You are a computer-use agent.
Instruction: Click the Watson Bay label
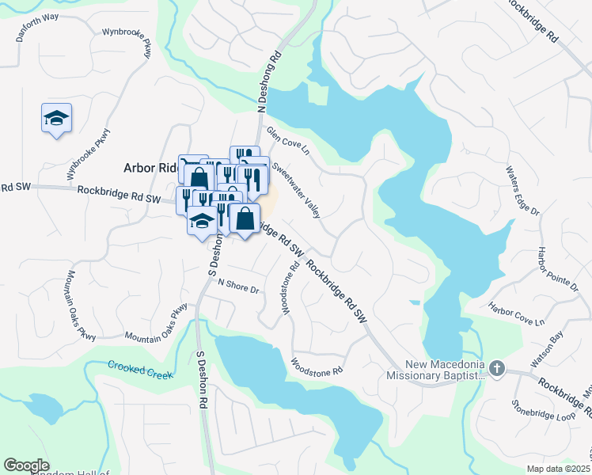point(545,349)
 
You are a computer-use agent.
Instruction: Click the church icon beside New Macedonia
point(496,367)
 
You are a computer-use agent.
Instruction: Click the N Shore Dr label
point(238,286)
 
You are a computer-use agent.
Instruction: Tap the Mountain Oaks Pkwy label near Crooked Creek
point(156,325)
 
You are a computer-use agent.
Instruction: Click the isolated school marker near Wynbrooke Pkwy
point(56,119)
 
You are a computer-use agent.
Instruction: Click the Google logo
point(26,465)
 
